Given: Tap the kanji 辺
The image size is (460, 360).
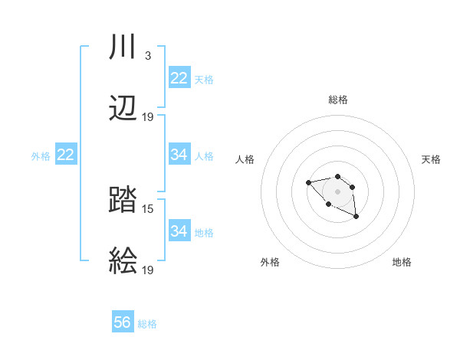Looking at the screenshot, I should (x=123, y=110).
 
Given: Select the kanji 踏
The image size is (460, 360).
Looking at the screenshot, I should (x=123, y=201).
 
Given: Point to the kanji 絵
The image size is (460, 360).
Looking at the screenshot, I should (x=123, y=262).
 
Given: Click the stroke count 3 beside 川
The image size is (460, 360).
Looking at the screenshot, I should (x=147, y=56).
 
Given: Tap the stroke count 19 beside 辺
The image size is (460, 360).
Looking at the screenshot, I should (x=148, y=117).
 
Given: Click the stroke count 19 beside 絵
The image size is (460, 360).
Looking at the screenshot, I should (x=148, y=270).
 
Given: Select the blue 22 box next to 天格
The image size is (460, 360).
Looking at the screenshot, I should (x=179, y=78).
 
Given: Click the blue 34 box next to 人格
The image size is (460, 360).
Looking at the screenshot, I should (x=179, y=155).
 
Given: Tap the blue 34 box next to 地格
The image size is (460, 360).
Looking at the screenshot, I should (x=179, y=231).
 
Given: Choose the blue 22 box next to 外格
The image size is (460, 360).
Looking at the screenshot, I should (x=66, y=155).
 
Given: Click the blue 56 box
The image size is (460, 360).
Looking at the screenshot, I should (x=123, y=322).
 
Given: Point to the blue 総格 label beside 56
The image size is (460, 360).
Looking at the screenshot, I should (x=147, y=324).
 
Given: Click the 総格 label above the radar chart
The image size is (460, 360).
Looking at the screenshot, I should (x=338, y=100).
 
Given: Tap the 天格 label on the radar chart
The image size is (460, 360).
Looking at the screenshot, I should (x=431, y=159).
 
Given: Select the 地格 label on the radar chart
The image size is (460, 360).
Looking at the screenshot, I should (x=402, y=262).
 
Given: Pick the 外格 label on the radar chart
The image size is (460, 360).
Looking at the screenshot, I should (x=270, y=262).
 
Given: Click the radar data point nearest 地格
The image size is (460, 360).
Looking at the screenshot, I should (x=356, y=217).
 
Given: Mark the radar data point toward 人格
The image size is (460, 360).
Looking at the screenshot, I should (x=308, y=182).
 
